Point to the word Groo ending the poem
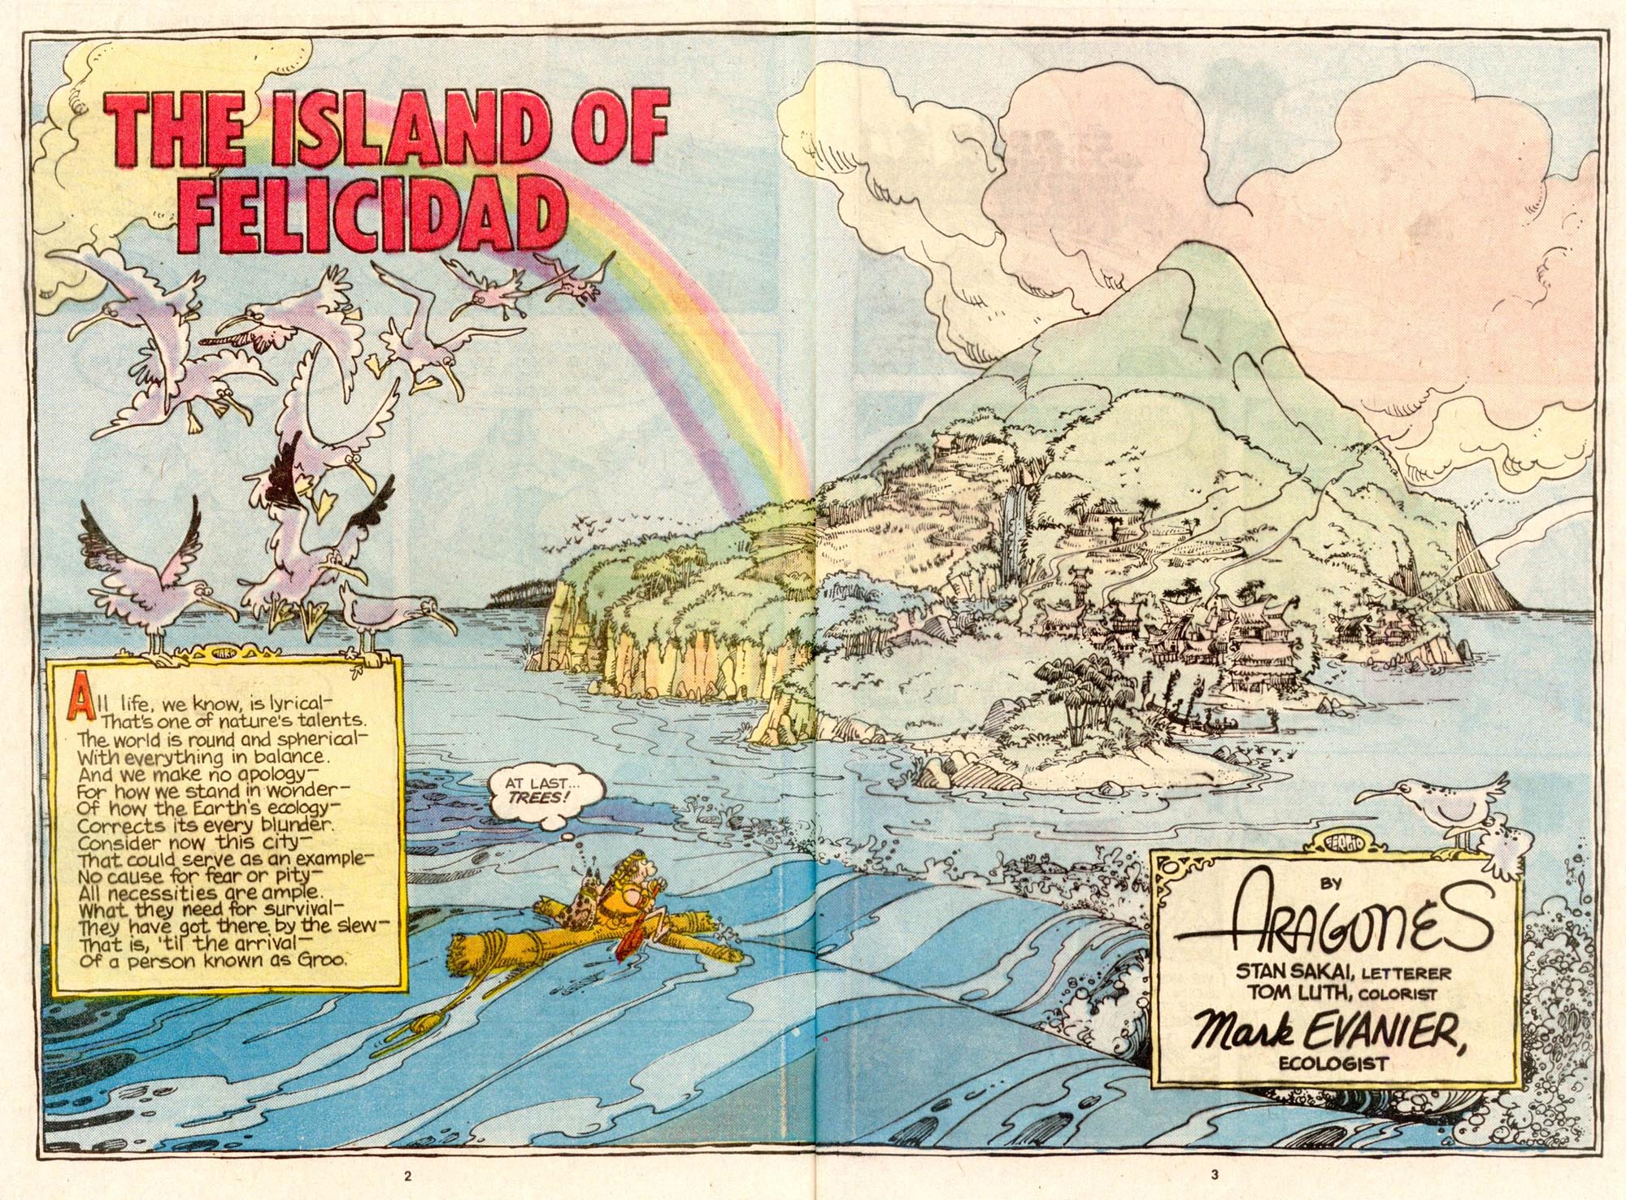point(324,959)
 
